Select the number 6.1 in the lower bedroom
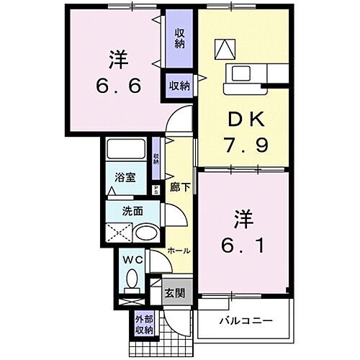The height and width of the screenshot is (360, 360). pos(243,247)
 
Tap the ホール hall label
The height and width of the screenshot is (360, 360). pos(179,251)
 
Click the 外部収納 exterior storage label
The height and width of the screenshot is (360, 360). pos(143,325)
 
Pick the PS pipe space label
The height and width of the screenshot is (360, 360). pos(156,189)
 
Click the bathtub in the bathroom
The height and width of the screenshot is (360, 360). pos(127,150)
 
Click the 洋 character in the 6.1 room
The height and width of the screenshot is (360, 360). pos(243,217)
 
